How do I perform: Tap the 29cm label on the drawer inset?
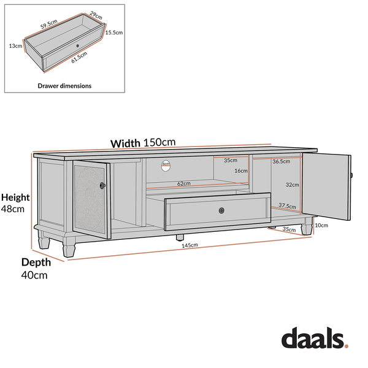click(96, 13)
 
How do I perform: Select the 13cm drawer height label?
click(16, 45)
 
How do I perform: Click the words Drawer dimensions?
click(64, 86)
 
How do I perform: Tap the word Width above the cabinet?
click(125, 144)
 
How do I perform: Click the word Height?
click(15, 197)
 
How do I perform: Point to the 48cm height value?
click(12, 209)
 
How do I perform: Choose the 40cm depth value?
click(34, 275)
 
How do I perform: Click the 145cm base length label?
click(190, 245)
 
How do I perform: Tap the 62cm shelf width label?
click(183, 183)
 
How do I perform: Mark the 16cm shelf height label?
click(240, 171)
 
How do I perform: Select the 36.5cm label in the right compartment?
click(281, 161)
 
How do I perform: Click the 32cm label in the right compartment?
click(292, 184)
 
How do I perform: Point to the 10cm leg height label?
click(322, 225)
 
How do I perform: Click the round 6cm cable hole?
click(166, 164)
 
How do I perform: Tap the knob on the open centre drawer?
click(221, 210)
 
